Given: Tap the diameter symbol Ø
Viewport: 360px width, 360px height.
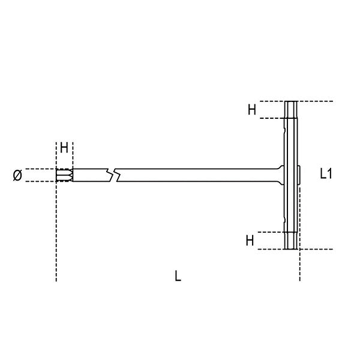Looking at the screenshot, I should coord(17,175).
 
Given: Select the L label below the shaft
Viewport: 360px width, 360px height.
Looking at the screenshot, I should coord(178,276).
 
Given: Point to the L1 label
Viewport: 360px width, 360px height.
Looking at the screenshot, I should coord(326,174).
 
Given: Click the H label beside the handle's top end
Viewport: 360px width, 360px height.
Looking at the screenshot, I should coord(252,110).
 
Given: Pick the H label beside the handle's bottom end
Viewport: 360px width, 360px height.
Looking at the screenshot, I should coord(250,241).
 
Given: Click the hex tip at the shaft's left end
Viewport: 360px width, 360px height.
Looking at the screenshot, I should coord(63,175).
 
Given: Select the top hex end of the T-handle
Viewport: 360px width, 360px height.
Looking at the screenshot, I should coord(291,110).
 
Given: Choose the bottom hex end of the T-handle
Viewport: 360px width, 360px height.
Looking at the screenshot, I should coord(291,240).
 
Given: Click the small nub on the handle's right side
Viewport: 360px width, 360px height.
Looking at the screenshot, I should coord(300,175).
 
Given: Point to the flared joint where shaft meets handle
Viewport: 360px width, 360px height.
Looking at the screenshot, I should coord(279,175).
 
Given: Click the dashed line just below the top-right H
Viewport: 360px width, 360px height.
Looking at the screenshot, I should coord(264,119).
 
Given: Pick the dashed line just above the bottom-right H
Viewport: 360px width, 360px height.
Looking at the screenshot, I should coord(264,231).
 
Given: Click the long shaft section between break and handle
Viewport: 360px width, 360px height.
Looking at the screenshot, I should coord(198,175).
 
